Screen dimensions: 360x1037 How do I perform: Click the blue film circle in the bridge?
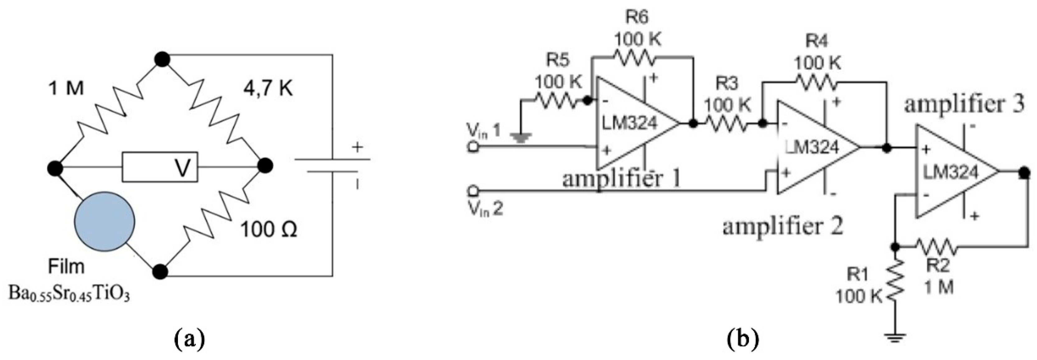tap(105, 222)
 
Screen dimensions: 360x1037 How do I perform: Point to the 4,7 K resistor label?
tap(268, 88)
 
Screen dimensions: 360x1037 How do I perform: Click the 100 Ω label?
tap(269, 230)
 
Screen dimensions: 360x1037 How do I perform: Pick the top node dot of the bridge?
tap(162, 60)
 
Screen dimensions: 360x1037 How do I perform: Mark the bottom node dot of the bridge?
tap(160, 272)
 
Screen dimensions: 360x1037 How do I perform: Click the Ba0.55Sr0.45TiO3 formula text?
tap(69, 296)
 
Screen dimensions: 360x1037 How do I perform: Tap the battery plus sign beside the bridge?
tap(357, 147)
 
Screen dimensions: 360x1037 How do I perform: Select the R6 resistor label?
tap(637, 18)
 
